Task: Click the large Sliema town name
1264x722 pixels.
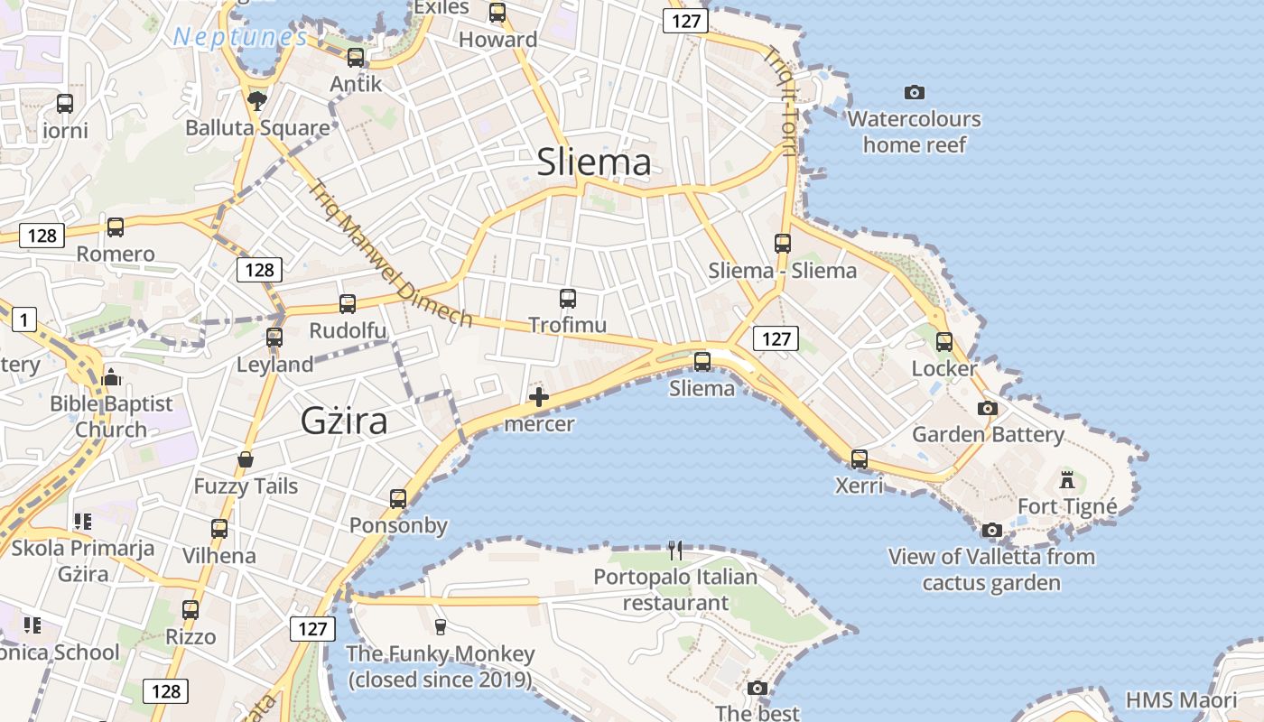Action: click(x=593, y=162)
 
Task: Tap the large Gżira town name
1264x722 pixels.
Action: click(x=344, y=421)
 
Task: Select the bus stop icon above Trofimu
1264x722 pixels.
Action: click(x=568, y=299)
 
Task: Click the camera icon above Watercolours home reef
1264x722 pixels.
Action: click(x=914, y=92)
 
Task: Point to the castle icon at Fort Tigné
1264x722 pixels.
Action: click(x=1067, y=479)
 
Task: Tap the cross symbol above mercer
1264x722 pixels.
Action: click(x=539, y=397)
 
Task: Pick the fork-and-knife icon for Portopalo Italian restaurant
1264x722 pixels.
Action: click(x=675, y=550)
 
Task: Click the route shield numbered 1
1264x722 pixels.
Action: click(x=23, y=319)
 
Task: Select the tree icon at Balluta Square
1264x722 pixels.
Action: click(x=257, y=100)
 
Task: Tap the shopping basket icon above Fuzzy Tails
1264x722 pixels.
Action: click(x=246, y=460)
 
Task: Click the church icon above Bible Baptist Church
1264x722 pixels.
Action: click(x=111, y=376)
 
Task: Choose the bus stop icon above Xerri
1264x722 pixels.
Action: click(x=860, y=458)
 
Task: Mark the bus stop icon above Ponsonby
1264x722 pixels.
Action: click(x=398, y=498)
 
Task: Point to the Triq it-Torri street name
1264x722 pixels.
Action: click(x=779, y=99)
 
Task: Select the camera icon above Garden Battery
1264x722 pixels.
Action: click(x=988, y=408)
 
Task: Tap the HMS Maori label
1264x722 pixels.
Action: click(x=1181, y=700)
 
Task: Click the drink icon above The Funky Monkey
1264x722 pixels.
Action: click(x=441, y=626)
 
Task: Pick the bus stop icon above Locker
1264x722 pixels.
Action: click(x=944, y=342)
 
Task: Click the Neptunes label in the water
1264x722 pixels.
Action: click(x=240, y=37)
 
